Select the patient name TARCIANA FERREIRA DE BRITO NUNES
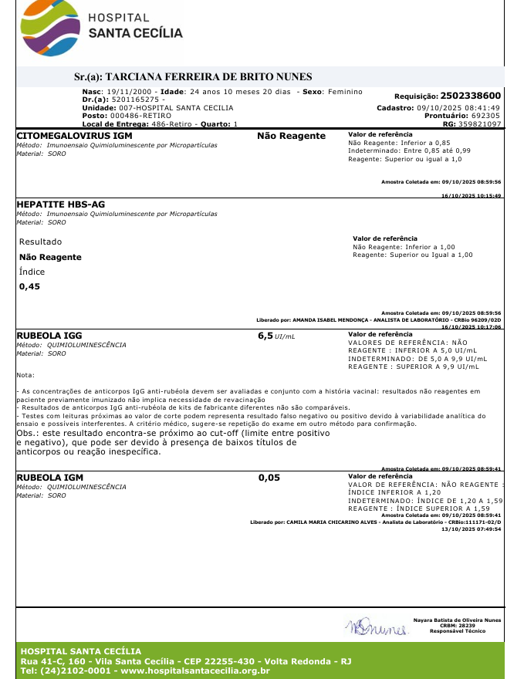(x=208, y=76)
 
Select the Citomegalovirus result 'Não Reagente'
(x=291, y=136)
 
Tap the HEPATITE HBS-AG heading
(x=60, y=204)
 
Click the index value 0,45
(x=29, y=286)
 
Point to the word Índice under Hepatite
(x=32, y=272)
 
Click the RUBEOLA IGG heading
(x=49, y=336)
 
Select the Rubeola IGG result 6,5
(x=265, y=336)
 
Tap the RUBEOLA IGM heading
(x=50, y=478)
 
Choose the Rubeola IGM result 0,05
(x=269, y=478)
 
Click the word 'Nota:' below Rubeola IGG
(x=25, y=375)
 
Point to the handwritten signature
(x=376, y=627)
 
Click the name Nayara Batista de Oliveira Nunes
(x=457, y=620)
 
